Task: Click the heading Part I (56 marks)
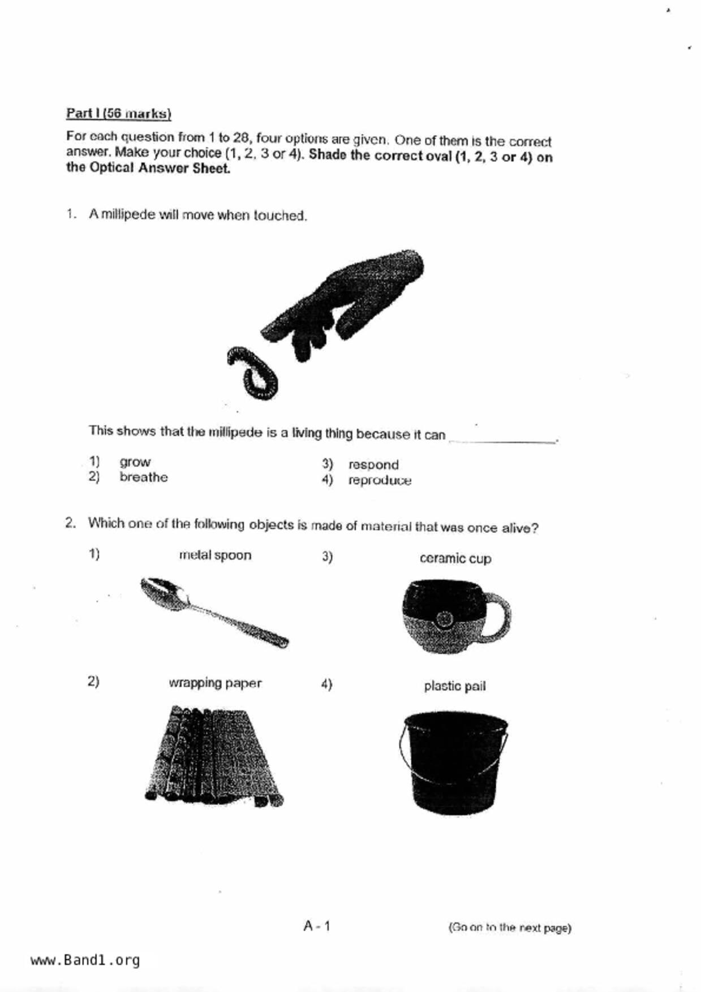118,113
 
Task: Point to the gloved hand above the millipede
345,300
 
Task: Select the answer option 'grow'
135,462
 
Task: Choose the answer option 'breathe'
143,477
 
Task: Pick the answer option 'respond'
373,465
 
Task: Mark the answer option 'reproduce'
380,481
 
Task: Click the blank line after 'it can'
502,439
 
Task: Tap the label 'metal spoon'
215,555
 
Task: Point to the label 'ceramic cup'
455,559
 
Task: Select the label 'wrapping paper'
215,683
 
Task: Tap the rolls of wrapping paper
214,755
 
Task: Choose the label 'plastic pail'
455,687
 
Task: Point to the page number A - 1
317,926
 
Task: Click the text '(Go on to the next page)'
510,928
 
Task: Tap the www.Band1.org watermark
85,960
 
